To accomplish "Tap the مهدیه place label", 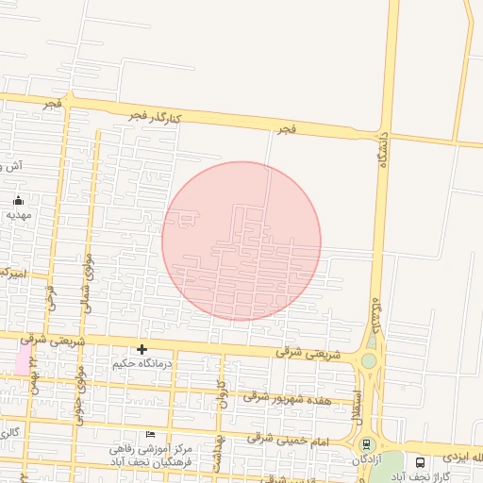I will [x=19, y=214].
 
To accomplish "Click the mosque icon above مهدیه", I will [x=19, y=200].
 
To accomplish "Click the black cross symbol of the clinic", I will [x=142, y=349].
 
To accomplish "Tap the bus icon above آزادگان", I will [x=366, y=444].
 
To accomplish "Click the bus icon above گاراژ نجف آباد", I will [x=420, y=462].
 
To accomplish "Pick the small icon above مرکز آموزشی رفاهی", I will [x=150, y=434].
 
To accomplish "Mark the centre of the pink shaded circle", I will [x=241, y=241].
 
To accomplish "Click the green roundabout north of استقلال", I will [x=369, y=360].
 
